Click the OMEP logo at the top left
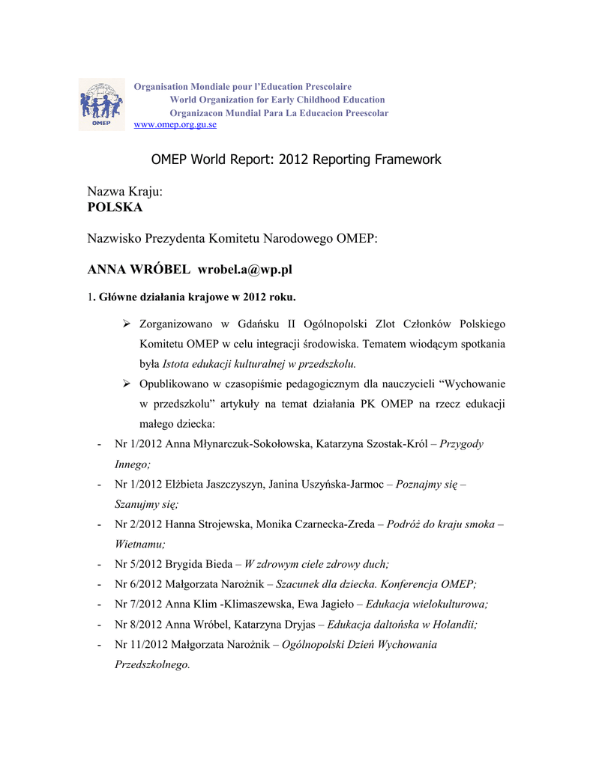click(x=100, y=104)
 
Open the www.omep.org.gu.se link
click(x=175, y=124)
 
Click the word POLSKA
click(x=115, y=207)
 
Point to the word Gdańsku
click(x=280, y=324)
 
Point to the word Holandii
click(x=454, y=624)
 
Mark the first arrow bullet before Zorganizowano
click(x=127, y=324)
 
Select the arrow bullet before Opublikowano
click(x=127, y=384)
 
